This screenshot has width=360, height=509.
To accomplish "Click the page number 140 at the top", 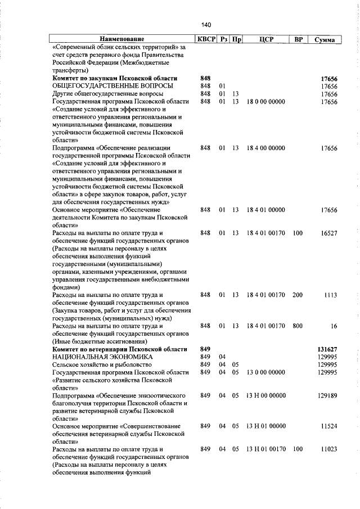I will tap(205, 25).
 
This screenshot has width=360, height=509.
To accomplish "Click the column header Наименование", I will tap(121, 39).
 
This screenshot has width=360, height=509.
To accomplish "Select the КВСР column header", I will tap(206, 39).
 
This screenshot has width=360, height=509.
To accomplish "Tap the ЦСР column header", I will tap(267, 39).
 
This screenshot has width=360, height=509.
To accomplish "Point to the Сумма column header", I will tap(325, 40).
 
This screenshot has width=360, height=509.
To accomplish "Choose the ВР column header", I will tap(298, 39).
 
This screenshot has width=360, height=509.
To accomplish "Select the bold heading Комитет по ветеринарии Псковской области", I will tap(120, 349).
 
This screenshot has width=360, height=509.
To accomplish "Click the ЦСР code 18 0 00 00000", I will tap(266, 101).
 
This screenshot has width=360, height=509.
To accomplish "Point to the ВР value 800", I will tap(298, 325).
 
